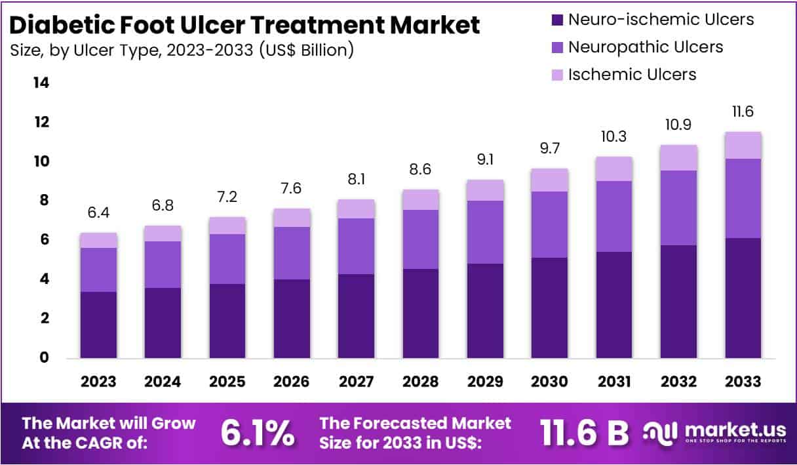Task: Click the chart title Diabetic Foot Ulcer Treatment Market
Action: (245, 25)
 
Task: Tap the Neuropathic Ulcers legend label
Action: (646, 47)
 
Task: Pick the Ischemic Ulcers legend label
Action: (632, 75)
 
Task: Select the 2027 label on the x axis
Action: (357, 382)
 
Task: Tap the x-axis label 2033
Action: (743, 382)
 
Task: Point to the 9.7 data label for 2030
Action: (549, 150)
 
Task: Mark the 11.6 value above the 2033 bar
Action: (743, 112)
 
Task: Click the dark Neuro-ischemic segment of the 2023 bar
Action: (98, 325)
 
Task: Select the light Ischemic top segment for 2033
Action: (743, 145)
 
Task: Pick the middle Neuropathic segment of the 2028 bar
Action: (421, 239)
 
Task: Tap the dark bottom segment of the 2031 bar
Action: (614, 304)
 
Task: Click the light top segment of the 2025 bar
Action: (227, 226)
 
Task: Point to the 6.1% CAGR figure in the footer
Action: (257, 433)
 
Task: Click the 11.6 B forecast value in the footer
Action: (584, 433)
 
